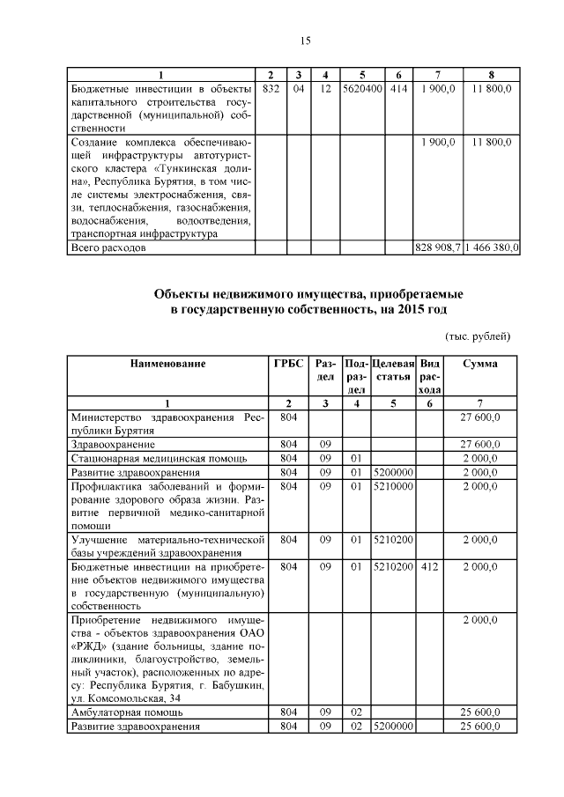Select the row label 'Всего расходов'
[x=108, y=249]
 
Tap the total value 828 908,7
[x=437, y=249]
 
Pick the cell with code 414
[x=398, y=89]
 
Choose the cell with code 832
[x=271, y=89]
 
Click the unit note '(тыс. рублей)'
[x=477, y=336]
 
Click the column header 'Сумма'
[x=480, y=363]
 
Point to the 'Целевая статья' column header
[x=393, y=370]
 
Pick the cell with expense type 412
[x=429, y=568]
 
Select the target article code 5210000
[x=393, y=485]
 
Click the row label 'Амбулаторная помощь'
[x=127, y=712]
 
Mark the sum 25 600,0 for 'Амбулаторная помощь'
[x=480, y=712]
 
